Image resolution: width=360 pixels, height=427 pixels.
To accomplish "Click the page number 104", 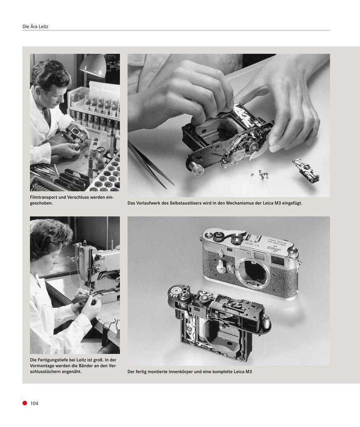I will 34,404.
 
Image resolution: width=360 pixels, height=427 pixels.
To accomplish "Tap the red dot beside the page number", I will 25,403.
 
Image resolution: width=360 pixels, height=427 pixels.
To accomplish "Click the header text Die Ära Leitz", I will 35,27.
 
